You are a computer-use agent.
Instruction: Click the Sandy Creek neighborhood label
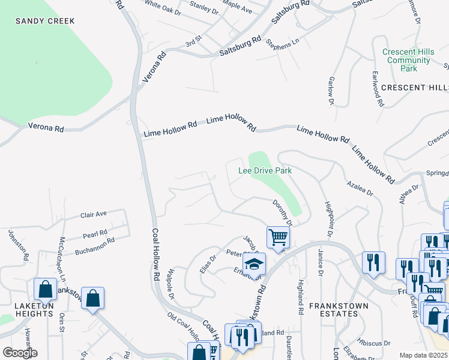pyautogui.click(x=45, y=21)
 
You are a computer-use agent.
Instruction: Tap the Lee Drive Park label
pyautogui.click(x=265, y=171)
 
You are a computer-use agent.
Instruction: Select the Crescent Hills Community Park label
pyautogui.click(x=408, y=60)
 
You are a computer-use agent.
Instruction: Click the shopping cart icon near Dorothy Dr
pyautogui.click(x=278, y=236)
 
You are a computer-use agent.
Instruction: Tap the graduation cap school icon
pyautogui.click(x=254, y=263)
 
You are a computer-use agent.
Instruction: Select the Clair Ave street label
pyautogui.click(x=93, y=214)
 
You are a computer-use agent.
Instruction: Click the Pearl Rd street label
pyautogui.click(x=95, y=233)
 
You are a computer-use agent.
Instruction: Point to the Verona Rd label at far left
pyautogui.click(x=46, y=128)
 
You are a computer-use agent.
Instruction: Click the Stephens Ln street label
pyautogui.click(x=282, y=45)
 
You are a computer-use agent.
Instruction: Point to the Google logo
pyautogui.click(x=20, y=353)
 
